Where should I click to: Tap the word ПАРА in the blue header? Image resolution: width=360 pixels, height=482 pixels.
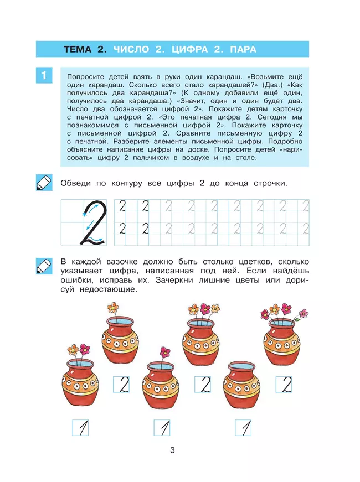[x=242, y=49]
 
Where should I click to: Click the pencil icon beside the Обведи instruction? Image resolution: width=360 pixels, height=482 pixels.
[x=43, y=183]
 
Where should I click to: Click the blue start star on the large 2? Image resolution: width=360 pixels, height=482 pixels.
[x=86, y=211]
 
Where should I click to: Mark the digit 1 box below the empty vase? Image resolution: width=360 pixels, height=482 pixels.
[x=243, y=427]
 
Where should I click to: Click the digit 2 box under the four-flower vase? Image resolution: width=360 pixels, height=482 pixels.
[x=284, y=384]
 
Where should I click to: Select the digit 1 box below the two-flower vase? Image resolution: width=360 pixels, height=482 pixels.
[x=81, y=427]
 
